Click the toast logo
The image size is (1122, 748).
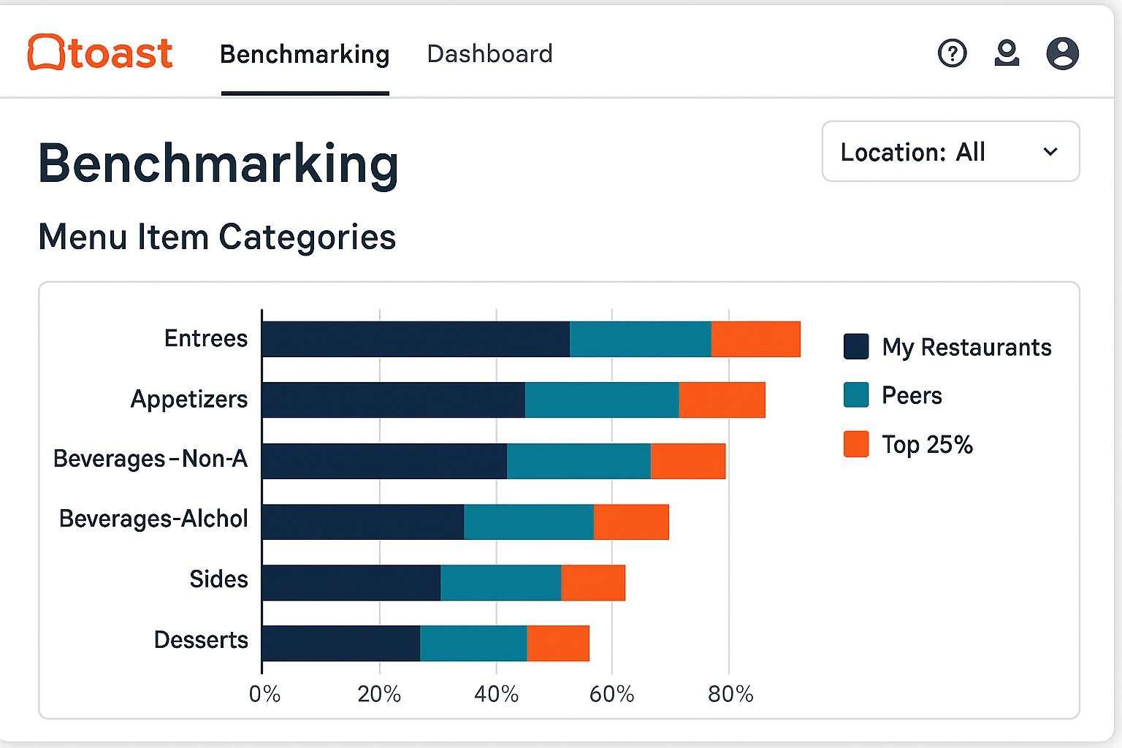click(100, 53)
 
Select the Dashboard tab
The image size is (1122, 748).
click(489, 54)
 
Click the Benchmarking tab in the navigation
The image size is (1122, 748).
click(305, 55)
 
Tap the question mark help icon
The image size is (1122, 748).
click(952, 53)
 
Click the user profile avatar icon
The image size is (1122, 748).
click(1062, 53)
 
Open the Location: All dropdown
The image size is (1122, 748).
click(950, 152)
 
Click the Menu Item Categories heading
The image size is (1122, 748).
click(217, 237)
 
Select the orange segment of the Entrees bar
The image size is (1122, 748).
click(755, 339)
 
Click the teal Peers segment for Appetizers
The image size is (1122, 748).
click(601, 400)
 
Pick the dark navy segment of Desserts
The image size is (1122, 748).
click(340, 644)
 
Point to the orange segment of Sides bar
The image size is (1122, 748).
click(593, 582)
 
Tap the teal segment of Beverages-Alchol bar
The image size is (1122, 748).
click(528, 522)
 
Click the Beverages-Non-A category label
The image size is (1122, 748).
click(150, 459)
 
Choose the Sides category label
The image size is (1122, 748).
click(218, 579)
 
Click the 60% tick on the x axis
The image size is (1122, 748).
click(611, 694)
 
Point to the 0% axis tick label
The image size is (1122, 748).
click(264, 694)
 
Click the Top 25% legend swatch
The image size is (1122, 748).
click(856, 444)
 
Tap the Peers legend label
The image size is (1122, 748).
click(912, 396)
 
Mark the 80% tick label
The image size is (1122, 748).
click(730, 694)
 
